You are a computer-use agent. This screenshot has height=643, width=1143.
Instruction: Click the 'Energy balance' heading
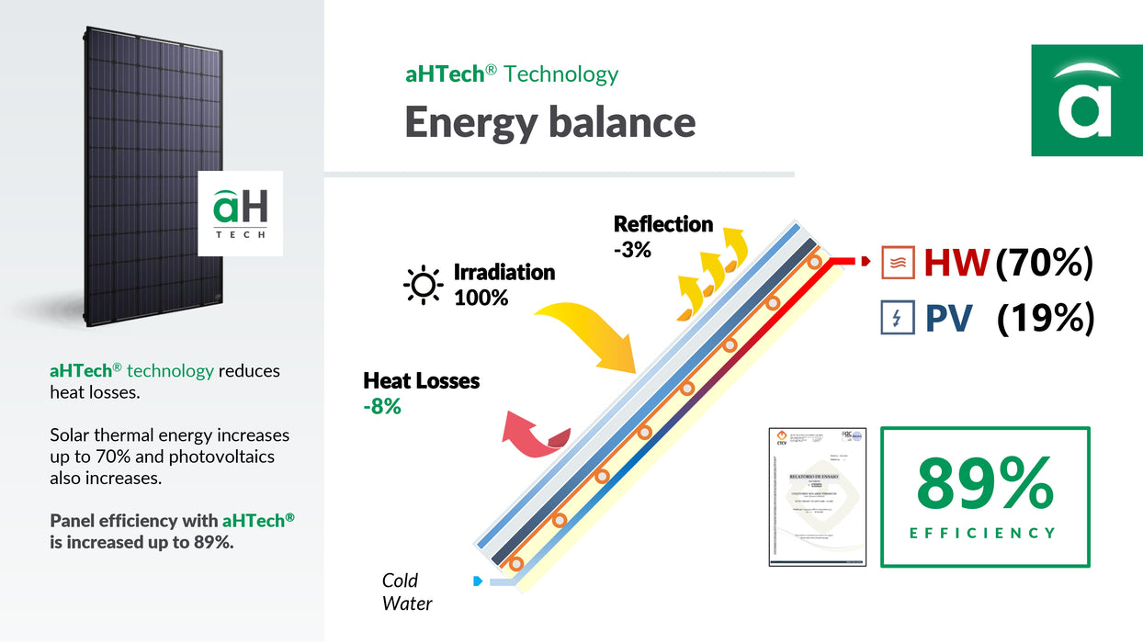tap(549, 122)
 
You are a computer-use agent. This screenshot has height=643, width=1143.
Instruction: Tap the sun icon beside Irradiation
tap(424, 285)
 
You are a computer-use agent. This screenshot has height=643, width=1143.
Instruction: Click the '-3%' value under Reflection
tap(632, 249)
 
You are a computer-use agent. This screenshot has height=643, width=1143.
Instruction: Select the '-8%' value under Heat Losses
tap(382, 405)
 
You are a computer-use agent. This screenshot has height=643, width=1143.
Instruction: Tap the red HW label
tap(956, 264)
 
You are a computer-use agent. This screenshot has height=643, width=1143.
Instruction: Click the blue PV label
tap(949, 319)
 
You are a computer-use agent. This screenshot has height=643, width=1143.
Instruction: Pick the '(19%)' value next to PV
tap(1046, 319)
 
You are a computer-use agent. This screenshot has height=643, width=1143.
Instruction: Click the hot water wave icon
tap(898, 263)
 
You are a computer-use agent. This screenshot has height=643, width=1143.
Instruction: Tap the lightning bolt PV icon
tap(898, 318)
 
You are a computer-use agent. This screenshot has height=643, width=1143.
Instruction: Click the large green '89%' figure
tap(985, 483)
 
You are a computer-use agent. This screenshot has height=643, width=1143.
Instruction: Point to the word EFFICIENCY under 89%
tap(983, 533)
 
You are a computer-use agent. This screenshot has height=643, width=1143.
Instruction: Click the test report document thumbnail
tap(818, 496)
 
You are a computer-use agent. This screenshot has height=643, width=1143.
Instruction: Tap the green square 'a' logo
tap(1086, 100)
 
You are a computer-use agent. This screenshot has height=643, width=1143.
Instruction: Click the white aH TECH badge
tap(241, 213)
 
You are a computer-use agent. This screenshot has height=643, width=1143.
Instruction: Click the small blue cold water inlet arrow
tap(477, 581)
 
